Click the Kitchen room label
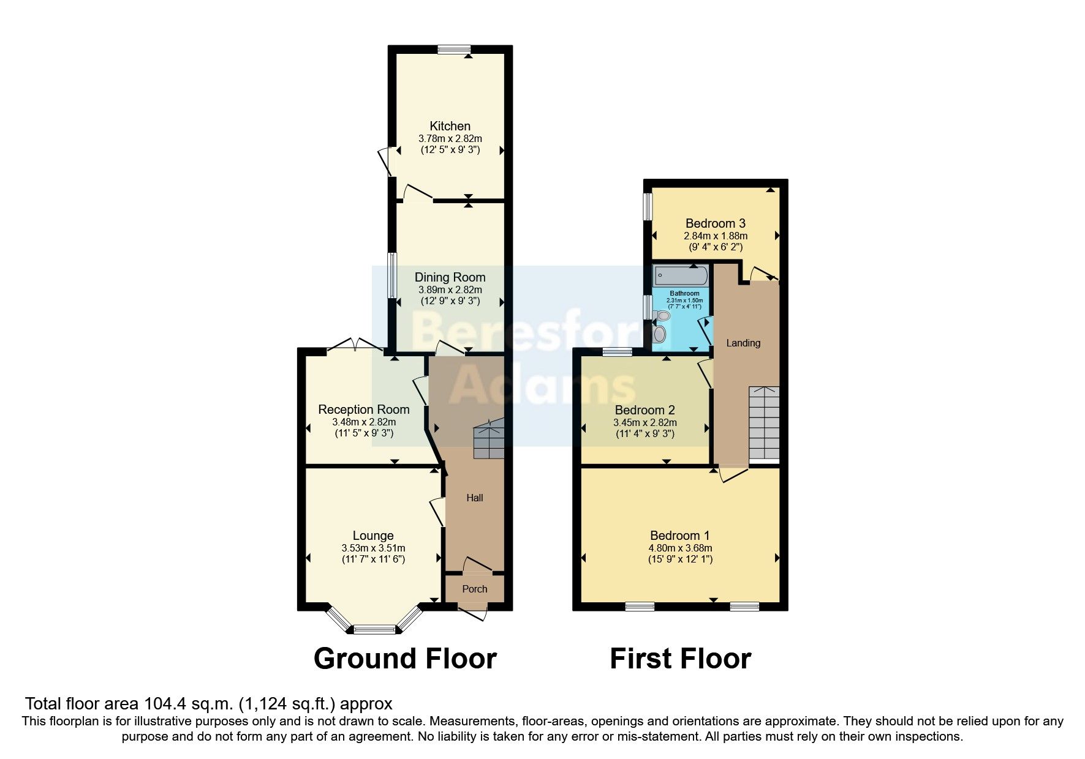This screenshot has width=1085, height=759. click(450, 126)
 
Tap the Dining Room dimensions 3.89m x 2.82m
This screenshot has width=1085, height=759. click(450, 290)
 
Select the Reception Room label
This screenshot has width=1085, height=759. click(363, 409)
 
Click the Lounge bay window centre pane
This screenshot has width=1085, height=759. click(374, 629)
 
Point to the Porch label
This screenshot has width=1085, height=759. click(474, 589)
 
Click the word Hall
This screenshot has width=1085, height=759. click(474, 498)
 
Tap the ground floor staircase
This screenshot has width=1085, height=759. click(488, 439)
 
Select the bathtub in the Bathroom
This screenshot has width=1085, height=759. click(681, 276)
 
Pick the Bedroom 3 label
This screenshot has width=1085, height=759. click(715, 223)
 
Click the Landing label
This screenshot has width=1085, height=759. click(743, 343)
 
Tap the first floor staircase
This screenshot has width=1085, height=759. click(763, 422)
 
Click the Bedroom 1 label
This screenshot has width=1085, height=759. click(679, 536)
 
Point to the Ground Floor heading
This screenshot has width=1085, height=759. click(405, 659)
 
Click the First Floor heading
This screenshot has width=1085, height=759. click(680, 659)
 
